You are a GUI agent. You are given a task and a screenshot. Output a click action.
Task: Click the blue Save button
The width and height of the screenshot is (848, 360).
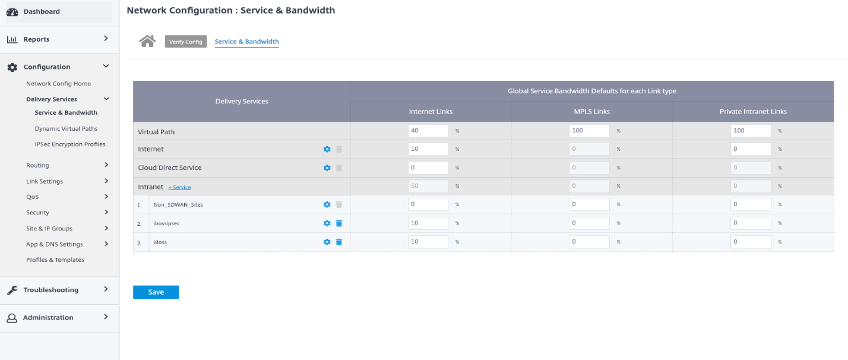click(156, 292)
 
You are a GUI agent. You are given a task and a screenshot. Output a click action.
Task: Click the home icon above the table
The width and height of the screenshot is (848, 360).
click(147, 41)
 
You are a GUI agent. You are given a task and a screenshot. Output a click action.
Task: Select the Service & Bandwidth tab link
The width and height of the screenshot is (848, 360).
click(246, 42)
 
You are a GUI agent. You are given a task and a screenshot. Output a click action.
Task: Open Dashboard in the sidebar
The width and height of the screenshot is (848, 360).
click(42, 11)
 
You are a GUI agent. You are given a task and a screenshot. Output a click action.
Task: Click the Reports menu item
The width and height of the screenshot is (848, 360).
click(36, 39)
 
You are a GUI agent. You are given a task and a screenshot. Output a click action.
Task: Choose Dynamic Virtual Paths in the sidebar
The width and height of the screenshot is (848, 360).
click(66, 128)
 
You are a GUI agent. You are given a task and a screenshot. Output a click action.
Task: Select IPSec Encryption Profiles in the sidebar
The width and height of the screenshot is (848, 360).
click(70, 144)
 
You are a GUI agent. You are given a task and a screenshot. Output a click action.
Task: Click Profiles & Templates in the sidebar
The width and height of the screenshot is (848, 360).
click(55, 260)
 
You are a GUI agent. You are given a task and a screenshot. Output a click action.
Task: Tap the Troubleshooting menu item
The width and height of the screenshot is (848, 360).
click(50, 290)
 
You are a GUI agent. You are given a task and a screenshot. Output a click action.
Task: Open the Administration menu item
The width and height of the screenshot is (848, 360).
click(48, 318)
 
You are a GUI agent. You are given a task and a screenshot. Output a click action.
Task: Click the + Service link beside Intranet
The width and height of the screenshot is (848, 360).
click(179, 187)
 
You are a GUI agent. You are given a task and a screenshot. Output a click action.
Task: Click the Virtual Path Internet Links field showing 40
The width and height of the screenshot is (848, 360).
click(428, 131)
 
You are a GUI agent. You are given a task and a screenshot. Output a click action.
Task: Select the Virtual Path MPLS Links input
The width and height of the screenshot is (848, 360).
click(589, 131)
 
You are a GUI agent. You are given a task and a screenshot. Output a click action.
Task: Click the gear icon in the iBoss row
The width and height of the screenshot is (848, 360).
click(327, 242)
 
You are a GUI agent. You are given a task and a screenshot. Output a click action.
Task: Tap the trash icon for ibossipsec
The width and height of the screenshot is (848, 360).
click(339, 223)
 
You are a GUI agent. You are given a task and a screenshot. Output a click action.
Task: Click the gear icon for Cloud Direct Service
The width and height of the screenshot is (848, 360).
click(327, 168)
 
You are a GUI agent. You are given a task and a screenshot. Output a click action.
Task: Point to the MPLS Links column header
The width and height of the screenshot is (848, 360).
click(591, 111)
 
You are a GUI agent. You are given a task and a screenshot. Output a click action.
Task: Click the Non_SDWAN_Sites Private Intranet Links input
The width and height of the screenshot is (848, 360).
click(751, 204)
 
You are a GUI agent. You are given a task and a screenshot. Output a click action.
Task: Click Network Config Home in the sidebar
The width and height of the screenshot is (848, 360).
click(58, 84)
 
